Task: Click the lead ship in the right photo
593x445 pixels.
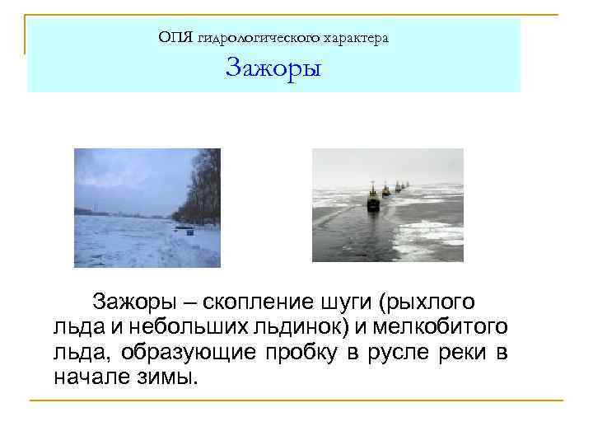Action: (x=373, y=198)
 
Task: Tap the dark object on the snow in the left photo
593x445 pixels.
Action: (x=190, y=232)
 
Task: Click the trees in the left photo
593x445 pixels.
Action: (x=200, y=190)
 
